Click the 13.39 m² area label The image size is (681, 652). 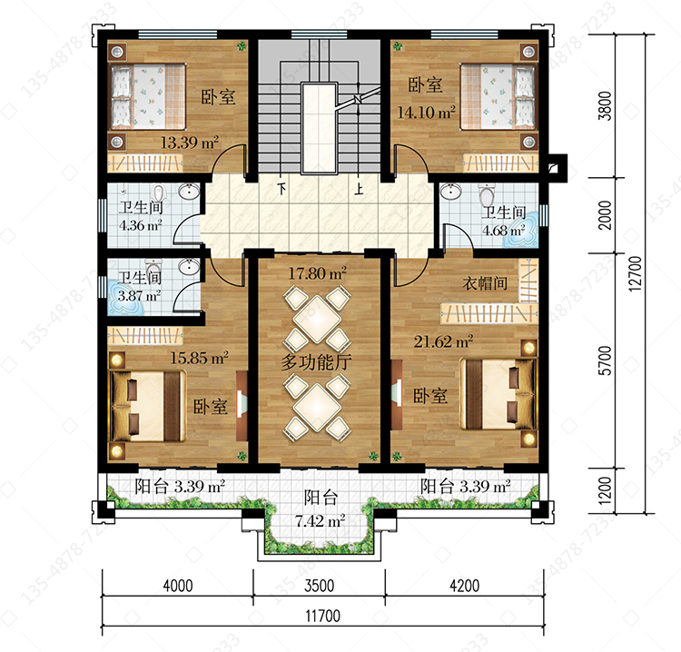[x=190, y=143]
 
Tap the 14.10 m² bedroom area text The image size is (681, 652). [x=426, y=113]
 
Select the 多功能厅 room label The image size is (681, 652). [x=316, y=361]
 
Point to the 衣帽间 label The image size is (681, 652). [x=485, y=283]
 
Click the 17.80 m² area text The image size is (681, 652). [x=318, y=273]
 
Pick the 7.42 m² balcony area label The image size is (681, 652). [x=321, y=520]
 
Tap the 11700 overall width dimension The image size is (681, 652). [x=322, y=616]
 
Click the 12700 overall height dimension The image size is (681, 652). [x=635, y=273]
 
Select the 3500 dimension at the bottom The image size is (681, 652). [x=320, y=586]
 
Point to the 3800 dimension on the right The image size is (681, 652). [x=605, y=106]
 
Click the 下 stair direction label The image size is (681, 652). [x=281, y=189]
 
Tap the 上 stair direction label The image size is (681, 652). [x=359, y=189]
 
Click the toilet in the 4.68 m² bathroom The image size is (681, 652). [x=487, y=195]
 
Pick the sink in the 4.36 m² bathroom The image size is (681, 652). [x=189, y=191]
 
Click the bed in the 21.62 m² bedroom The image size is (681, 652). [x=498, y=393]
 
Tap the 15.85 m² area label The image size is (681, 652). [x=200, y=358]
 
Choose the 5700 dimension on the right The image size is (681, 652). [x=605, y=361]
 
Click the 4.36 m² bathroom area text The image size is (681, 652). [x=140, y=225]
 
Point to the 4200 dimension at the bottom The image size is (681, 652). [x=464, y=586]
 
